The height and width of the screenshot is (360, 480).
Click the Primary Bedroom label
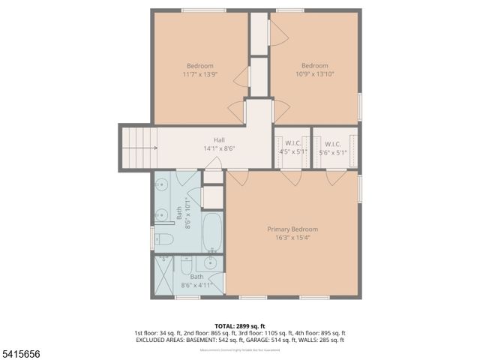(292, 229)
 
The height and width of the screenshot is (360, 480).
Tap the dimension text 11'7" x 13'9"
(199, 74)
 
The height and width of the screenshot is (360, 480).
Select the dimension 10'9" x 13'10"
(315, 74)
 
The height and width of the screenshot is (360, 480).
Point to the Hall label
(219, 139)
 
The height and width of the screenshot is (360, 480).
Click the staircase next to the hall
(139, 147)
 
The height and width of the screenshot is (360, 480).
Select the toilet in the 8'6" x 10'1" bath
(163, 240)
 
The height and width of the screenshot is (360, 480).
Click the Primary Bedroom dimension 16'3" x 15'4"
(292, 238)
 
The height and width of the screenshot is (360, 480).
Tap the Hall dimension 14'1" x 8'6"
(219, 148)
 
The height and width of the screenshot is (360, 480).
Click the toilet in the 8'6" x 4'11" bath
(185, 265)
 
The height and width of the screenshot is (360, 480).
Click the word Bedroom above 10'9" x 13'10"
(315, 65)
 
